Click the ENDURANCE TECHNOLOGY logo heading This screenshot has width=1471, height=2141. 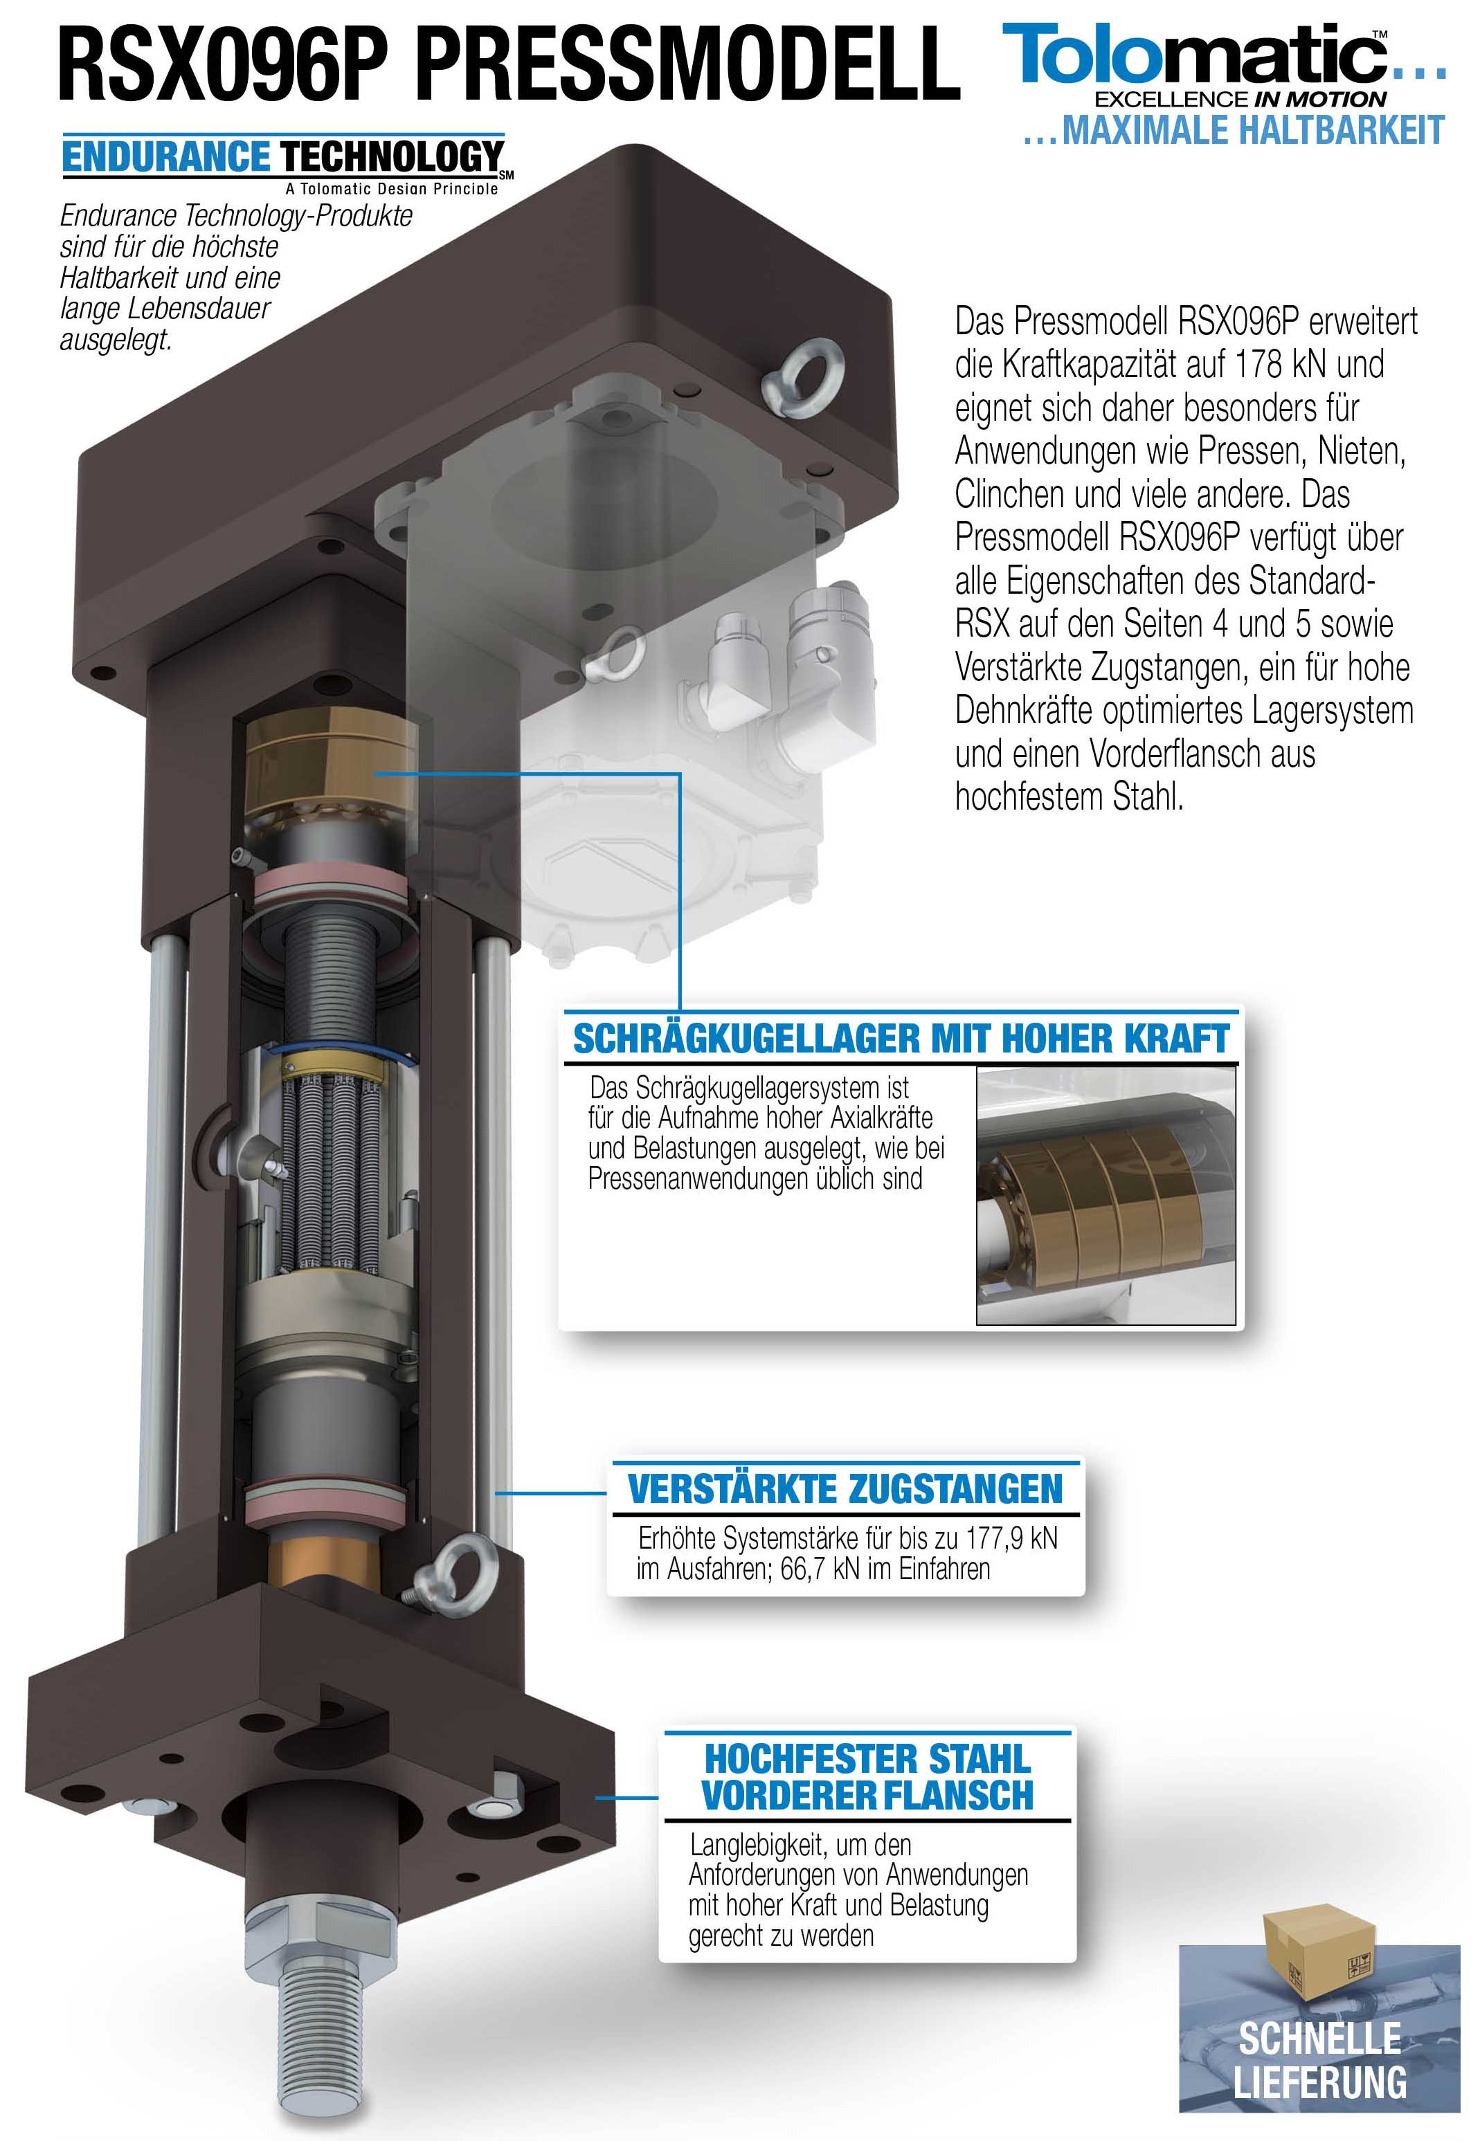tap(283, 156)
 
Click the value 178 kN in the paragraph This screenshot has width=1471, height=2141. tap(1281, 364)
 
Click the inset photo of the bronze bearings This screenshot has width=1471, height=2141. tap(1106, 1196)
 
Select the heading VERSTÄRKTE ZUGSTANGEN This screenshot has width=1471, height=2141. tap(845, 1488)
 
